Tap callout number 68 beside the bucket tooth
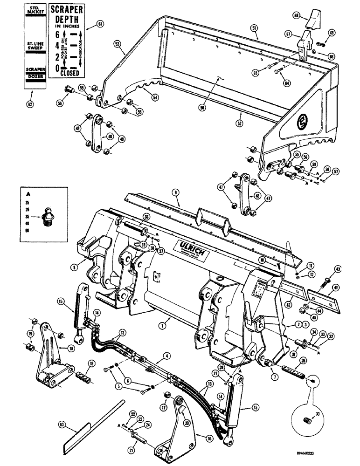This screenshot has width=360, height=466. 309,16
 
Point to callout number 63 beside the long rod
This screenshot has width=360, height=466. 62,424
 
